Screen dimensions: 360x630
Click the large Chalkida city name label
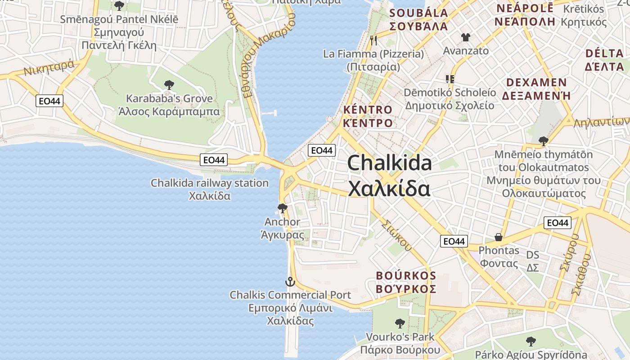coord(389,175)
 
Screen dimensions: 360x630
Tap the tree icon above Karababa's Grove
coord(169,84)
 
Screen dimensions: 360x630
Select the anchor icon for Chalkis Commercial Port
coord(290,282)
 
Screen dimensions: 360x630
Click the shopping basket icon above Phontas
coord(499,237)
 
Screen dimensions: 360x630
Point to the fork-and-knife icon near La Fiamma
coord(373,40)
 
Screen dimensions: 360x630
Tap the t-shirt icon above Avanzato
coord(465,37)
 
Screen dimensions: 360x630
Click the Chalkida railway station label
coord(209,189)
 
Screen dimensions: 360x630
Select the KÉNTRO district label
coord(368,116)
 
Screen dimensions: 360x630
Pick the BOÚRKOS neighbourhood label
coord(406,282)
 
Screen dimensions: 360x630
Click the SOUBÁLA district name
coord(418,19)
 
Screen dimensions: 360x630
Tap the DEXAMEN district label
coord(536,89)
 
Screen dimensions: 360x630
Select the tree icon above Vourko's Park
coord(400,323)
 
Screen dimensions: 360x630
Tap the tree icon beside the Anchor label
coord(283,208)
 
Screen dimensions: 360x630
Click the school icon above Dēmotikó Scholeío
coord(450,79)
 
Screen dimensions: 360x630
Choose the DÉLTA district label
coord(605,60)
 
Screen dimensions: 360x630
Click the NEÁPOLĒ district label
coord(524,15)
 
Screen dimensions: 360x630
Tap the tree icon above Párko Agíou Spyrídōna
coord(531,341)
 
